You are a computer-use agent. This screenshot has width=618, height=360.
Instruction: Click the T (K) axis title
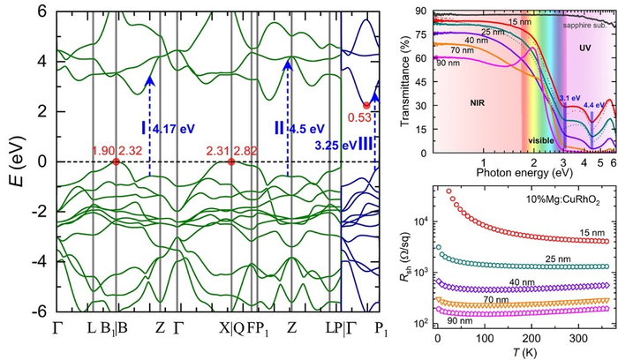[x=522, y=353]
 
